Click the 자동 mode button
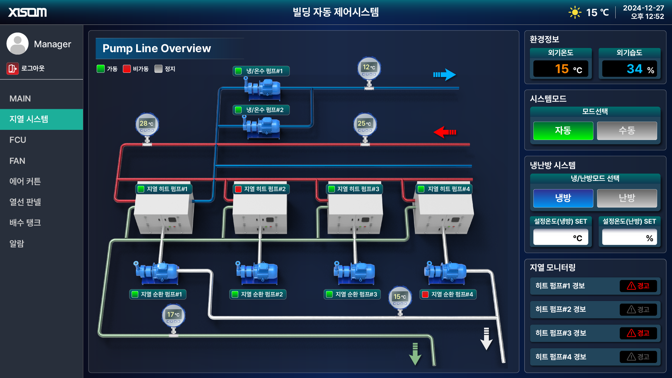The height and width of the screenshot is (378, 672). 563,131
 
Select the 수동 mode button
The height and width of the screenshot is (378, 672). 626,131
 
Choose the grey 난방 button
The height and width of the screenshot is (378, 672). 626,198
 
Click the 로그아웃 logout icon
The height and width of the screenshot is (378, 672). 13,68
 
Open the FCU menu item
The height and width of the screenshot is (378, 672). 18,140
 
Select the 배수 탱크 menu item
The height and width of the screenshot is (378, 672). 25,223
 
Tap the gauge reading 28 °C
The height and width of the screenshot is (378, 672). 147,124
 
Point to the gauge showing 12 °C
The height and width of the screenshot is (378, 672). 369,68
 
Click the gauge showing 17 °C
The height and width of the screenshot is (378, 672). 173,315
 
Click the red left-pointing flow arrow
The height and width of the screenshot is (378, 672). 444,132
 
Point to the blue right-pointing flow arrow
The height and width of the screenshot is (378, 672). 444,74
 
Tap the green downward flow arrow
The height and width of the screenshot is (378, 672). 415,354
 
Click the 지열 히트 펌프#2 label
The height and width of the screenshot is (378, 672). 261,189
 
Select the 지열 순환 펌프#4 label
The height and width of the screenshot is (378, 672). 448,294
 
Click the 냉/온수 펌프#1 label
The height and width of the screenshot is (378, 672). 261,71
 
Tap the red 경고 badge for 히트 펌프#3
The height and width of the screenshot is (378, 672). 638,333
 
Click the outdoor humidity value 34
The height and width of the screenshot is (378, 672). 634,69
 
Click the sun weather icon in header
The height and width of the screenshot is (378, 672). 575,13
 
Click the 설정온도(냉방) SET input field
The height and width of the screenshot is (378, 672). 560,237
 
